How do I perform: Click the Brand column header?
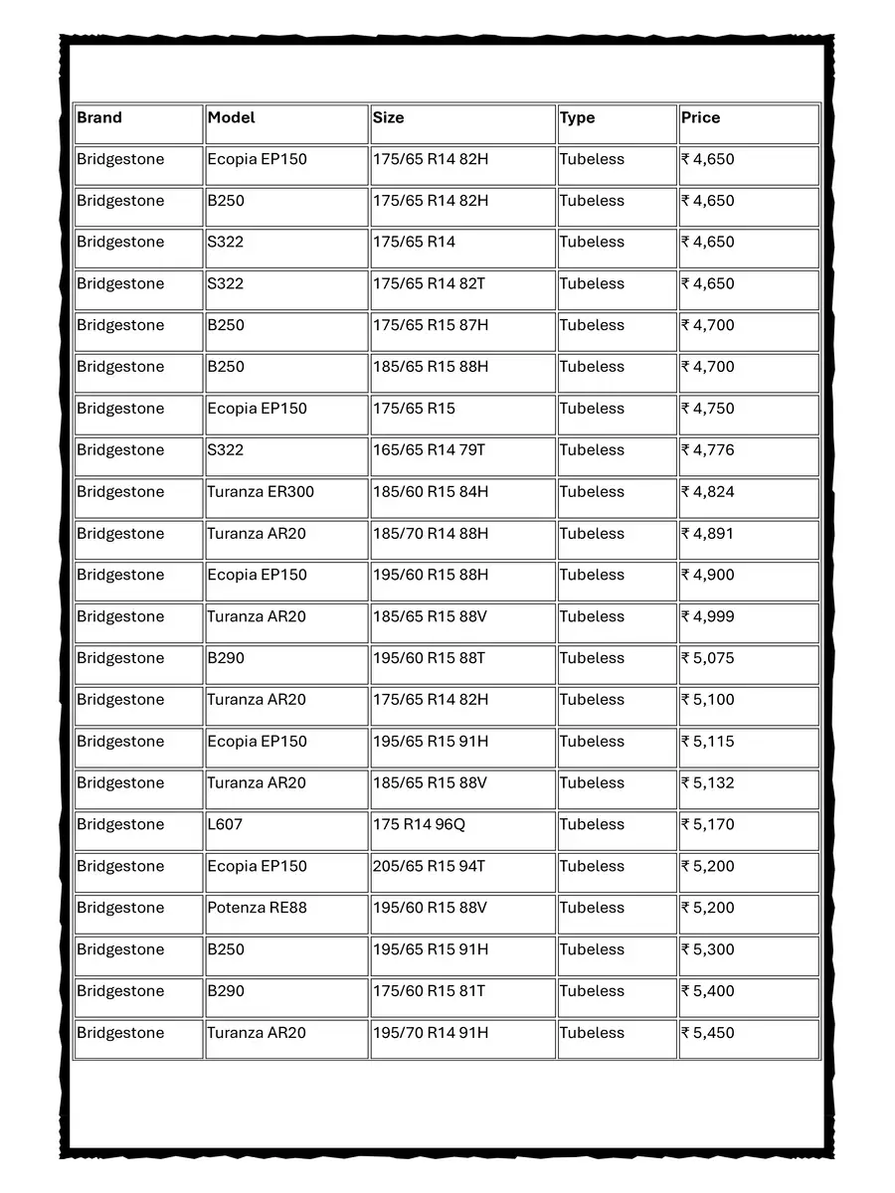pos(99,117)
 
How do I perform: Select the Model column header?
pos(231,117)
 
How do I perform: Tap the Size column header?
pos(389,117)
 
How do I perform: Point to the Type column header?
pos(577,117)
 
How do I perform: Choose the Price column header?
pos(700,117)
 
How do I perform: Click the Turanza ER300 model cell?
pos(261,491)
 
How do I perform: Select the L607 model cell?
pos(225,824)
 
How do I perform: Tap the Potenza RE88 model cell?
pos(257,908)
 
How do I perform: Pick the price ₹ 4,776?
pos(708,449)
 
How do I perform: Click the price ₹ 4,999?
pos(708,616)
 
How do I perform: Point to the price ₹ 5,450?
pos(708,1032)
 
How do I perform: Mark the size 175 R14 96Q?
pos(419,824)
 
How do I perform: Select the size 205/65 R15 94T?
pos(430,866)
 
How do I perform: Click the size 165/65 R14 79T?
pos(430,449)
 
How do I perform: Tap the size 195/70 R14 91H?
pos(431,1032)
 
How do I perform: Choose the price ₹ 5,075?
pos(708,658)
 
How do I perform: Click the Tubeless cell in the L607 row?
pos(592,824)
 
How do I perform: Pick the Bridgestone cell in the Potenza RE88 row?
pos(120,908)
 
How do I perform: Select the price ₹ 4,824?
pos(708,491)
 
